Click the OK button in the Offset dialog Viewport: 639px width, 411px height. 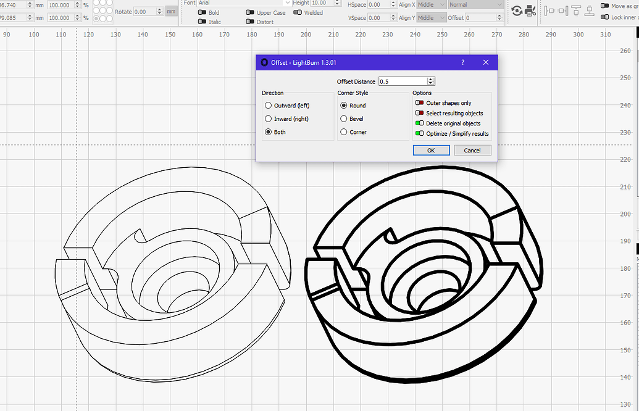pos(431,150)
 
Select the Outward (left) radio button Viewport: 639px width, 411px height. pos(268,106)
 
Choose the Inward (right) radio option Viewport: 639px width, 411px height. pos(268,118)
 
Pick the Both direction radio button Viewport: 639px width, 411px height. pos(268,132)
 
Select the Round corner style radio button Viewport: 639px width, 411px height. pos(344,106)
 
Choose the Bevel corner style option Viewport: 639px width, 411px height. pos(344,118)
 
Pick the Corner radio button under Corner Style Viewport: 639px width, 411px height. pos(344,132)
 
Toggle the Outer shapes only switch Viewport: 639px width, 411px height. pos(420,103)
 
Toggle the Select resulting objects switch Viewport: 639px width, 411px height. pos(420,113)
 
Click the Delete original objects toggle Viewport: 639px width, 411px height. pos(420,123)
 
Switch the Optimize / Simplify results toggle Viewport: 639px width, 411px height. pos(420,133)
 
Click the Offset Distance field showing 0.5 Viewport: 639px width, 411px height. pos(402,81)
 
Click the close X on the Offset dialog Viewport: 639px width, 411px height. pos(486,62)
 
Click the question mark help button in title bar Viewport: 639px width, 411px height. pos(463,62)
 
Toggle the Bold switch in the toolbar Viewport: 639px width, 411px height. pos(202,12)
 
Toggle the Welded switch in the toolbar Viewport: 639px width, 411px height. pos(298,12)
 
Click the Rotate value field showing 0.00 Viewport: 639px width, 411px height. pos(148,12)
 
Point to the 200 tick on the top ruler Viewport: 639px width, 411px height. pos(306,35)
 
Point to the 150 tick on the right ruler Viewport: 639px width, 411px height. pos(625,351)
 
